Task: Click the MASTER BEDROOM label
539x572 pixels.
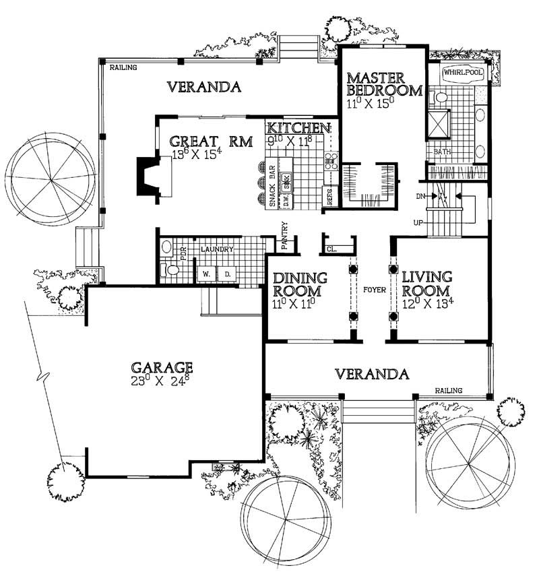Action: [x=384, y=85]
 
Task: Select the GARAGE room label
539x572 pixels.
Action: [x=162, y=367]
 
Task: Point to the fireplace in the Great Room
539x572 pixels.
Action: [x=149, y=177]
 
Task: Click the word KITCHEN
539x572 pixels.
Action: [x=297, y=127]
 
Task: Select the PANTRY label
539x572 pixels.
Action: [x=285, y=236]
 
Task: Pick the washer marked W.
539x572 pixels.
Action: [x=205, y=274]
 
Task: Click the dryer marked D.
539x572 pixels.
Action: [x=227, y=274]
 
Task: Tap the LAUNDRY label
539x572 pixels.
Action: [x=216, y=249]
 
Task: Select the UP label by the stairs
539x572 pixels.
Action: [x=417, y=222]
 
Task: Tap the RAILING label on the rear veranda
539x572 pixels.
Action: [x=123, y=67]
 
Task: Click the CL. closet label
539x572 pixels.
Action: [x=332, y=249]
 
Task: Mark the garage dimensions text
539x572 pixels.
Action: [x=162, y=381]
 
